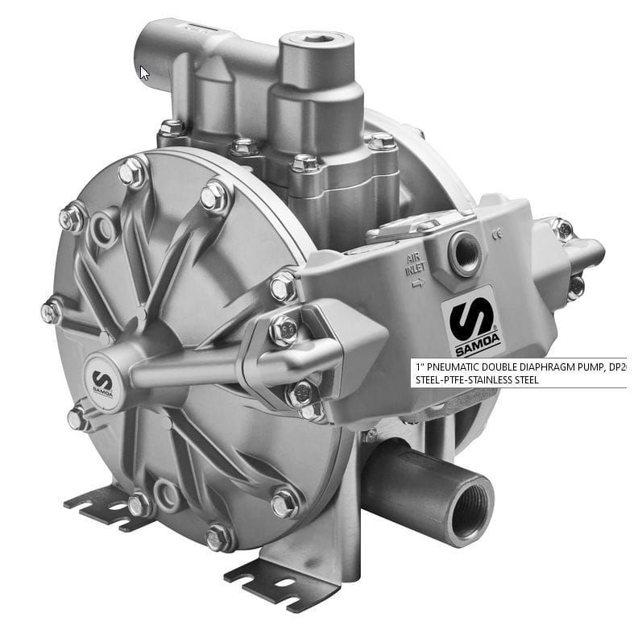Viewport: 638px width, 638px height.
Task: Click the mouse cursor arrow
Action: pyautogui.click(x=145, y=72)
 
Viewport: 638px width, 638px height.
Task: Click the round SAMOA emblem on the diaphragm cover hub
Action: pyautogui.click(x=102, y=382)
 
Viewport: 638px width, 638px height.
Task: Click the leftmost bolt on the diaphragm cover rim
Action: pyautogui.click(x=52, y=311)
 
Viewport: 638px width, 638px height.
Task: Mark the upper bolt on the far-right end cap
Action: pyautogui.click(x=564, y=230)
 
